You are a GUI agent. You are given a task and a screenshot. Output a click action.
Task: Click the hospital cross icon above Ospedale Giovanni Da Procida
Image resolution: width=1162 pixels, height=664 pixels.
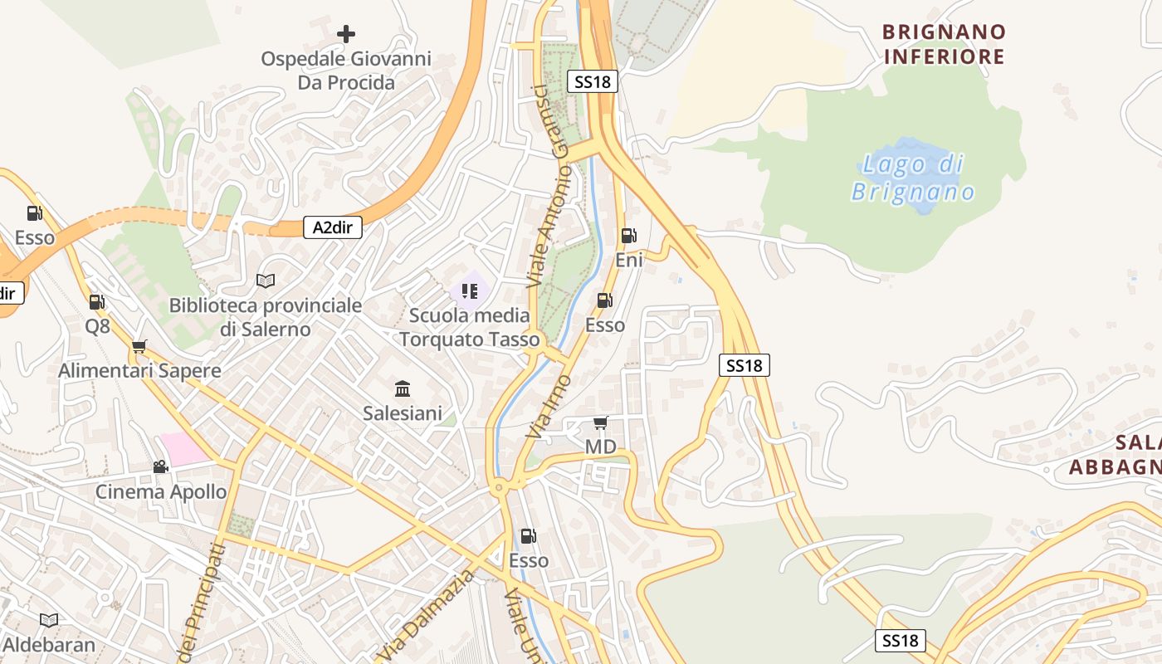click(346, 34)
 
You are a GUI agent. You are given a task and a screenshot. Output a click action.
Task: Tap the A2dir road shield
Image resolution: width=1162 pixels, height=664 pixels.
click(333, 227)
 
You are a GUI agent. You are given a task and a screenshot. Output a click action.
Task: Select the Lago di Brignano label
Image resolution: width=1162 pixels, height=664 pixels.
click(913, 178)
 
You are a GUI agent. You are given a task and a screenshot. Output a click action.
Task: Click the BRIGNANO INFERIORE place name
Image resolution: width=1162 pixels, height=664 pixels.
click(944, 45)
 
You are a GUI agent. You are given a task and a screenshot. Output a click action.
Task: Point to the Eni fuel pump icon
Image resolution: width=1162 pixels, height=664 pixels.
click(628, 236)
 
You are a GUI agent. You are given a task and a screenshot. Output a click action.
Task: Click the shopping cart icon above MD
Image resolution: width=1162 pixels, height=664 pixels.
click(600, 423)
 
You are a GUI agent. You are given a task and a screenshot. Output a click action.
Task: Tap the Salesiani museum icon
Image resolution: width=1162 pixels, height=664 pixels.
click(403, 388)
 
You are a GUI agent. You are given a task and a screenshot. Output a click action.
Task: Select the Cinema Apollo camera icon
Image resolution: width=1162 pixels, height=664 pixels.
click(160, 467)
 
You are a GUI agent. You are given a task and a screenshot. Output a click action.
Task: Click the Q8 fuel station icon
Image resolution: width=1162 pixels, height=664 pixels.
click(97, 302)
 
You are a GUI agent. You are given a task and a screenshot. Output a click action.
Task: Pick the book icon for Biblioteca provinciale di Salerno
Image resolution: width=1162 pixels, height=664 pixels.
click(265, 281)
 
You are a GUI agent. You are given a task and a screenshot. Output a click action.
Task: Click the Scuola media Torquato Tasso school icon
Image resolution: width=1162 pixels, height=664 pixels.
click(470, 290)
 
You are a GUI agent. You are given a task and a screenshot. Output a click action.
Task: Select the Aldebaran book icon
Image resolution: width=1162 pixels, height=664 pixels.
click(49, 620)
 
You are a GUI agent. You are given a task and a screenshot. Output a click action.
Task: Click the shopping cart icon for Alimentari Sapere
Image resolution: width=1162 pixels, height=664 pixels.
click(139, 346)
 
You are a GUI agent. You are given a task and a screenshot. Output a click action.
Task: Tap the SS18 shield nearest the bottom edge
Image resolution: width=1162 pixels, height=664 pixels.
click(901, 641)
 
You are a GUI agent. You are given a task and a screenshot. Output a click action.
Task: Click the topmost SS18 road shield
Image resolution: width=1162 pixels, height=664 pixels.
click(593, 81)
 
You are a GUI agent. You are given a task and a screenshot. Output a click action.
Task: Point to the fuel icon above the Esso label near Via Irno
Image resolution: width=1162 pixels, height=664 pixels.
click(604, 300)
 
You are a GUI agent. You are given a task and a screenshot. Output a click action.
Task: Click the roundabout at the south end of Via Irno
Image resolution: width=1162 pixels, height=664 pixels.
click(499, 488)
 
